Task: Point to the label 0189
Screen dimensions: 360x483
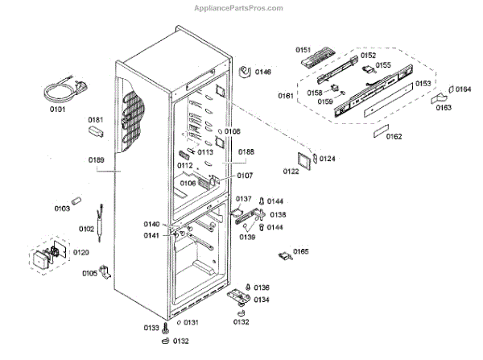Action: point(96,159)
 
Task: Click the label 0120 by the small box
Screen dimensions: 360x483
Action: point(80,252)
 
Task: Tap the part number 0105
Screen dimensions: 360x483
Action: point(89,274)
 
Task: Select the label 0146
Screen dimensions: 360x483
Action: point(263,72)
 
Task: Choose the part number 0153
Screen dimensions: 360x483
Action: point(423,82)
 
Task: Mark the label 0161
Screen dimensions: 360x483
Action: point(286,96)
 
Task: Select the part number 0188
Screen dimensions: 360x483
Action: point(246,151)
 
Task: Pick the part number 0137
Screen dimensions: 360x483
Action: point(243,199)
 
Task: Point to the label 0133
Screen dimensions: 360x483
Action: point(151,329)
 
